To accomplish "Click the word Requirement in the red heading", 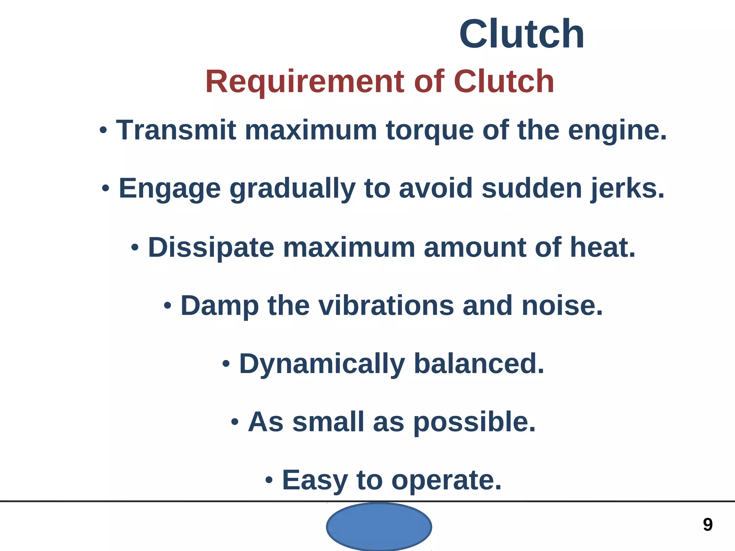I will tap(305, 82).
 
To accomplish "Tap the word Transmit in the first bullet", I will tap(176, 130).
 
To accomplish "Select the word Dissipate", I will tap(211, 248).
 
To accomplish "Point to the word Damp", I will tap(219, 306).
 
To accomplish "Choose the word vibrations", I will tap(386, 306).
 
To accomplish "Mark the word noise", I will tap(562, 306).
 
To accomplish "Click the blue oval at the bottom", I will tap(379, 526).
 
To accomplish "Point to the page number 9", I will tap(708, 525).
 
